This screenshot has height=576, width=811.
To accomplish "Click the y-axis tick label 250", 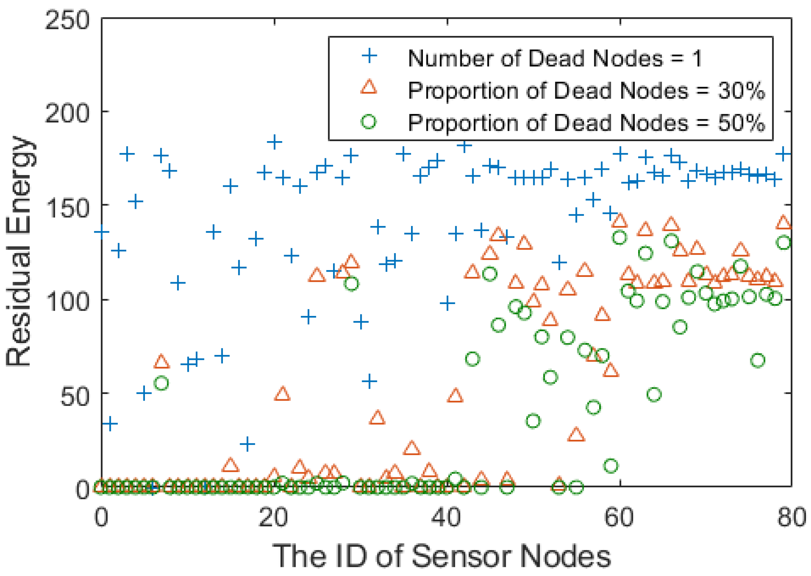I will [x=67, y=20].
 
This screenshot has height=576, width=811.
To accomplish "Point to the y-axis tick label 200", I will [x=67, y=113].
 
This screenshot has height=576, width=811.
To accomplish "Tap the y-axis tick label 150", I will [x=67, y=208].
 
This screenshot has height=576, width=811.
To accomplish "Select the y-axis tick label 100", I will [x=67, y=301].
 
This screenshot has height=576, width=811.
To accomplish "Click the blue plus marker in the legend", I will [x=369, y=56].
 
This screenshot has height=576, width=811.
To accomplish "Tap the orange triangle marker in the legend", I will [x=369, y=87].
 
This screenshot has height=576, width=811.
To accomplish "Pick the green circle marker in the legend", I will [x=369, y=122].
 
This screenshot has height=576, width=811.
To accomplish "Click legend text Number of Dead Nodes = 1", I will [x=554, y=59].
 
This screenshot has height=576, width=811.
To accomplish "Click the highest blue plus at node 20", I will [x=274, y=142].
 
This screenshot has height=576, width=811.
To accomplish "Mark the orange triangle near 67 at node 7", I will [x=161, y=361].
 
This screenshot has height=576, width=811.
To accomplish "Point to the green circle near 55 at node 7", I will [x=161, y=383].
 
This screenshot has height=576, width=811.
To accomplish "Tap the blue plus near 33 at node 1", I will [x=110, y=423].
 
